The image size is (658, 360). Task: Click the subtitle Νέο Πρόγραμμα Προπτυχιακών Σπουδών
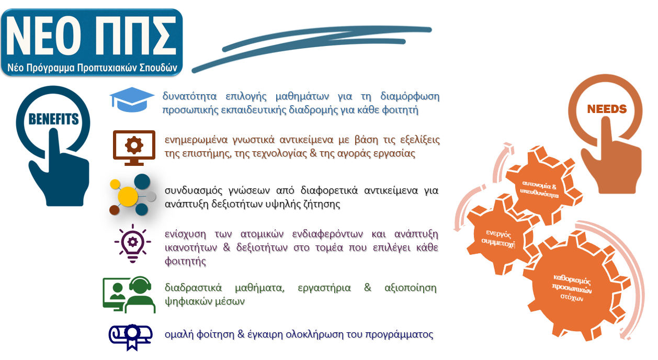(x=92, y=67)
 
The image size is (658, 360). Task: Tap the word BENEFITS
(x=53, y=119)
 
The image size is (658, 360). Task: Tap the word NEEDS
(x=607, y=109)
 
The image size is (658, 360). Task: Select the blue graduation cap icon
(x=132, y=99)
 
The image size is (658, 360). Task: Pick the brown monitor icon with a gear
(x=134, y=148)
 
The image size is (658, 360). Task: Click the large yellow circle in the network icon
(x=128, y=196)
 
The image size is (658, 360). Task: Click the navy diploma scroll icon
(x=131, y=337)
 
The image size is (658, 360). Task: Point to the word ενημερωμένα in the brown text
(x=196, y=140)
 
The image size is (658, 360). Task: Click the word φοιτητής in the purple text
(x=185, y=261)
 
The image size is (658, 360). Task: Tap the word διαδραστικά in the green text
(x=194, y=288)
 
